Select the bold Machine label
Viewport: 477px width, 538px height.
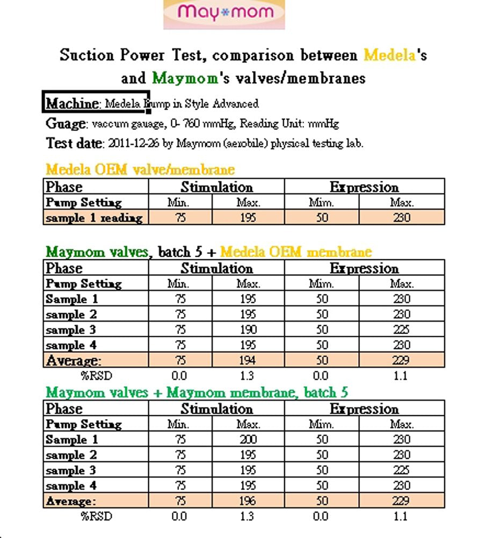click(72, 103)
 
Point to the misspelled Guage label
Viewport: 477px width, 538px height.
click(65, 123)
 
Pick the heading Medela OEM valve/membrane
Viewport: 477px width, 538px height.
click(140, 170)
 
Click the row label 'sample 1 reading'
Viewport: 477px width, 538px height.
click(94, 218)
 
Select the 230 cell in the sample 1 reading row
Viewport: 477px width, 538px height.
click(401, 218)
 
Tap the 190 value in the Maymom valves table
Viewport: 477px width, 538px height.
click(248, 330)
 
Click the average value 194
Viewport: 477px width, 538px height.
click(248, 360)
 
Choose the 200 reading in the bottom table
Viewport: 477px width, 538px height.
click(248, 440)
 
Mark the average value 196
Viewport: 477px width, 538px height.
click(248, 501)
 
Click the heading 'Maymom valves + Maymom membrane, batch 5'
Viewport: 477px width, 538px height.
click(197, 393)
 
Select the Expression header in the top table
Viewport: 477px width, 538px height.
click(364, 187)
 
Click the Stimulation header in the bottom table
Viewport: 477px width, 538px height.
click(216, 409)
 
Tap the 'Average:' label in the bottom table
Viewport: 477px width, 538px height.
click(70, 501)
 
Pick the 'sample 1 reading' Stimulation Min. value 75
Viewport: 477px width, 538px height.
click(180, 218)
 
